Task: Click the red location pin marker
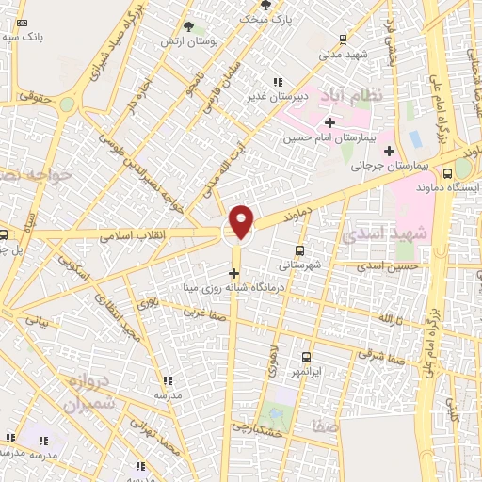click(242, 220)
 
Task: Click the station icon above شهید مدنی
click(342, 39)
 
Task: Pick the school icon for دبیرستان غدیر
click(276, 83)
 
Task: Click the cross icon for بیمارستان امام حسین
click(329, 122)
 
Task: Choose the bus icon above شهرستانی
click(300, 250)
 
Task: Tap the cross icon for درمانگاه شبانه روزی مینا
click(234, 273)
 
